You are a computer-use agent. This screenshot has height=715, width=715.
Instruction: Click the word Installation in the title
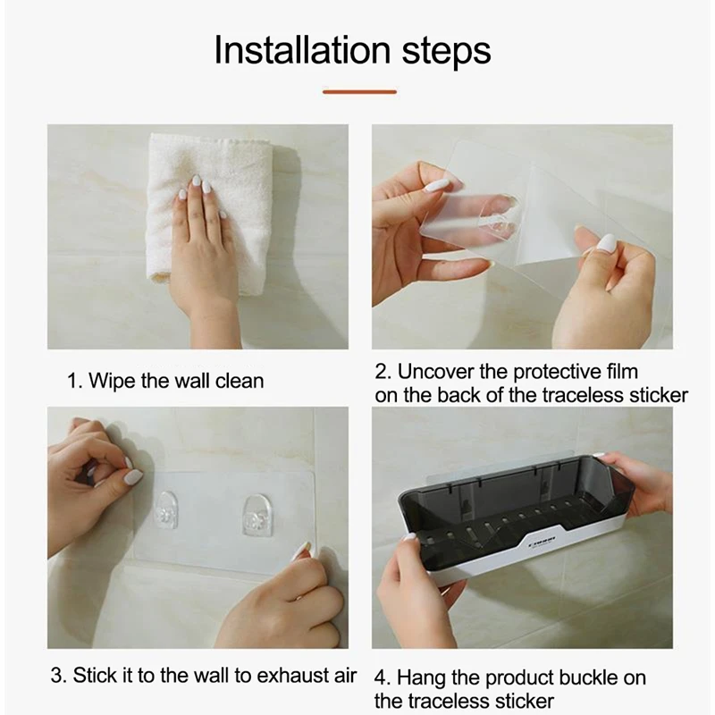302,50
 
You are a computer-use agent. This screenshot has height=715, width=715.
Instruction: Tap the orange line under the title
359,92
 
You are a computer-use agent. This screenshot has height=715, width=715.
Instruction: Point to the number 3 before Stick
55,676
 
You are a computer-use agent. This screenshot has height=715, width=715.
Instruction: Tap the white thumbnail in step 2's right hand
606,243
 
